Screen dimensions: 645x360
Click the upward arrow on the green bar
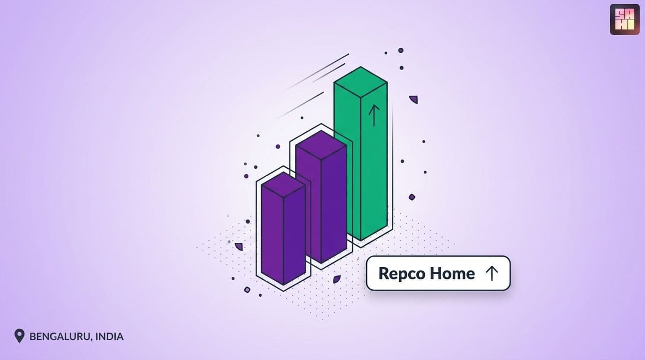click(x=374, y=115)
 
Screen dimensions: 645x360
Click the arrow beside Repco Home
click(x=492, y=273)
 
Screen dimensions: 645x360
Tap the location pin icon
click(x=19, y=336)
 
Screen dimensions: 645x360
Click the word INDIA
click(x=109, y=337)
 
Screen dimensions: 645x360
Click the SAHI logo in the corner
click(x=624, y=19)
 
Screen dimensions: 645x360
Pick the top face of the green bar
click(x=360, y=82)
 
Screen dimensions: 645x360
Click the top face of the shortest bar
click(x=283, y=185)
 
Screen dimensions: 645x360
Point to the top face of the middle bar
click(x=321, y=145)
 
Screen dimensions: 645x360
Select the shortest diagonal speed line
click(x=329, y=73)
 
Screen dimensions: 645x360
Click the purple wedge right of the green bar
click(x=414, y=99)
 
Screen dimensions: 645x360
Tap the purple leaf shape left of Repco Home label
click(x=337, y=279)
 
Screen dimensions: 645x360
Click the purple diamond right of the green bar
click(x=412, y=197)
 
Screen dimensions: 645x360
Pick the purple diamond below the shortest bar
click(x=247, y=290)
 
